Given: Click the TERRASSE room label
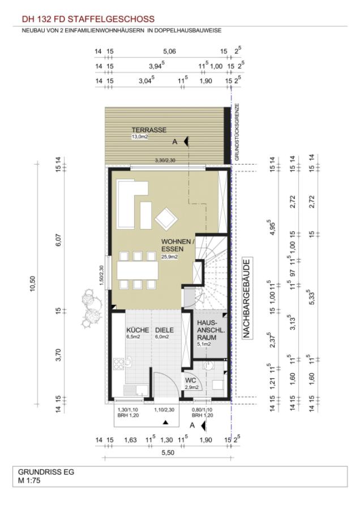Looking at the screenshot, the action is click(149, 130).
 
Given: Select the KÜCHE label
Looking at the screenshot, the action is click(138, 330).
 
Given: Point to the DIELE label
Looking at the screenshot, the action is click(164, 330).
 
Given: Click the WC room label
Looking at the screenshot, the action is click(190, 380).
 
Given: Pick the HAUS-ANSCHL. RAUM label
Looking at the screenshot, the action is click(207, 330).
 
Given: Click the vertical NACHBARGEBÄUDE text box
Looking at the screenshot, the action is click(247, 299).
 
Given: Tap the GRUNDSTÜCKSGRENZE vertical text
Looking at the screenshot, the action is click(237, 132).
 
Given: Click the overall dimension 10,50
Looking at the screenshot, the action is click(32, 284).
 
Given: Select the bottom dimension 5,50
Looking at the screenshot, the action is click(168, 452).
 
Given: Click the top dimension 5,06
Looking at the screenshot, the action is click(169, 51).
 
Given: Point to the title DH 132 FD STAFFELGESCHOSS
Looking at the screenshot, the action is click(88, 19).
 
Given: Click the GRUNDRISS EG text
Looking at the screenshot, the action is click(46, 472).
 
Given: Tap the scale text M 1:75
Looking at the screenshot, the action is click(29, 480).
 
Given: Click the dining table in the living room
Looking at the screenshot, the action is click(138, 270).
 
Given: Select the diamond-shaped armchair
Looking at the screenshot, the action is click(166, 219).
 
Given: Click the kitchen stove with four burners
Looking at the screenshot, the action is click(118, 364).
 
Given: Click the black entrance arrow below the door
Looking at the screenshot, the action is click(165, 422).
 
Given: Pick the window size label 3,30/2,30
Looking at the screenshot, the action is click(165, 160).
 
